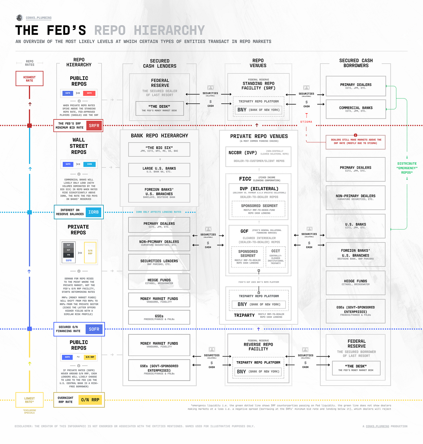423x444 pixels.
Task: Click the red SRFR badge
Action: pos(94,126)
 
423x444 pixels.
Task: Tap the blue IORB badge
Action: pos(93,212)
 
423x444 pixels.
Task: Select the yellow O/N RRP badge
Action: pos(90,400)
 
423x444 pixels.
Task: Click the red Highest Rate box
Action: pos(29,79)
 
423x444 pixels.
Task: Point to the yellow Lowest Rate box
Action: pos(29,400)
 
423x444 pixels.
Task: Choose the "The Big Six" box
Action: pos(159,149)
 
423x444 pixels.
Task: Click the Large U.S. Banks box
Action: pos(159,170)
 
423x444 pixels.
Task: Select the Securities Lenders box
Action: pos(159,262)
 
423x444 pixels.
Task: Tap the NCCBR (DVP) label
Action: pos(243,153)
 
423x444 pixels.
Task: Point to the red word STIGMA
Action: pos(306,122)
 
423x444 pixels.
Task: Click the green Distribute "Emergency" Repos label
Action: pos(407,168)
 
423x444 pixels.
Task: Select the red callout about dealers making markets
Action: pos(356,142)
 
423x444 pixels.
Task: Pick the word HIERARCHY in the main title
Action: pos(169,30)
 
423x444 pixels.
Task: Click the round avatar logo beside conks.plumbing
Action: pos(20,18)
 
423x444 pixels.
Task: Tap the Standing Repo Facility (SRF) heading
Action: pos(258,86)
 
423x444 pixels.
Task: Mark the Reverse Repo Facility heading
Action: pos(258,347)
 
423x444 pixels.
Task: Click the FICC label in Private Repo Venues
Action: pos(245,179)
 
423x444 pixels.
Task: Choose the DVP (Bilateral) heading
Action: pos(259,189)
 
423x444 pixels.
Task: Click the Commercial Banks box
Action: pos(356,109)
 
